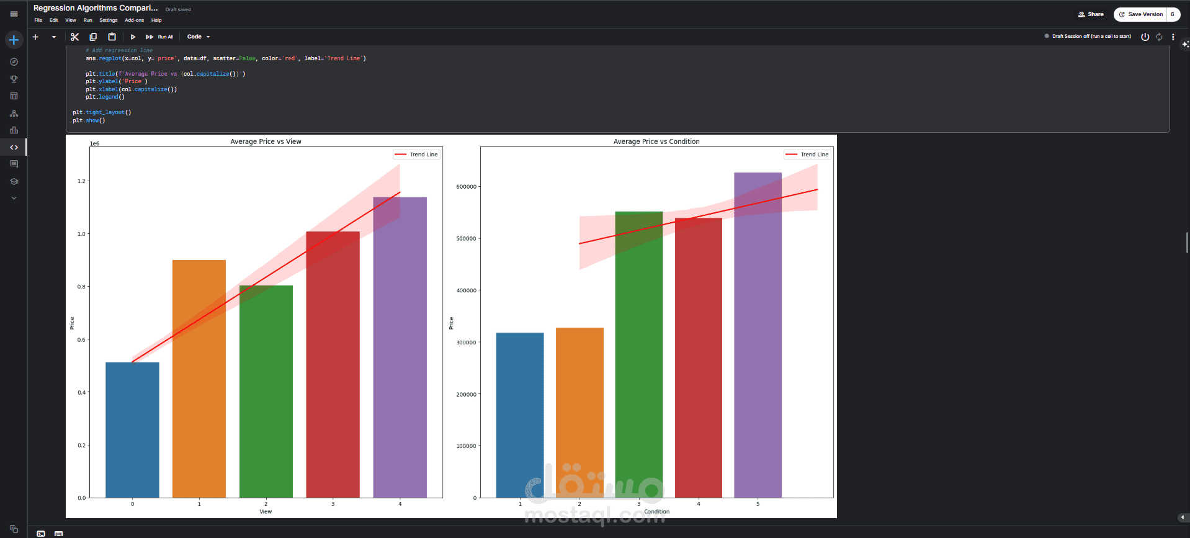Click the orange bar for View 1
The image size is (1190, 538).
point(199,379)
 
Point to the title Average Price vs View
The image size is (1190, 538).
point(266,141)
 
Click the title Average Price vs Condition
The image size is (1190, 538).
point(656,141)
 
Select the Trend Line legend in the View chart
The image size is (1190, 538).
point(416,155)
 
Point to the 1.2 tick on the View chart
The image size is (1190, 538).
point(81,181)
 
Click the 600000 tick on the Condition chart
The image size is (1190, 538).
point(466,187)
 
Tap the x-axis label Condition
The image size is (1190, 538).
point(656,512)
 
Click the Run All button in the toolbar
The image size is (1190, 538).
point(160,37)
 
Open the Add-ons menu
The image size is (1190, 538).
point(134,20)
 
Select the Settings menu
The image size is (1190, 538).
point(108,20)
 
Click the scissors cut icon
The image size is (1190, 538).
point(75,37)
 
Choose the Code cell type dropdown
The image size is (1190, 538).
point(199,37)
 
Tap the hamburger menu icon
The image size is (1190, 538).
point(14,14)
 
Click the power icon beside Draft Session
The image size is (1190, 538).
point(1145,37)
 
